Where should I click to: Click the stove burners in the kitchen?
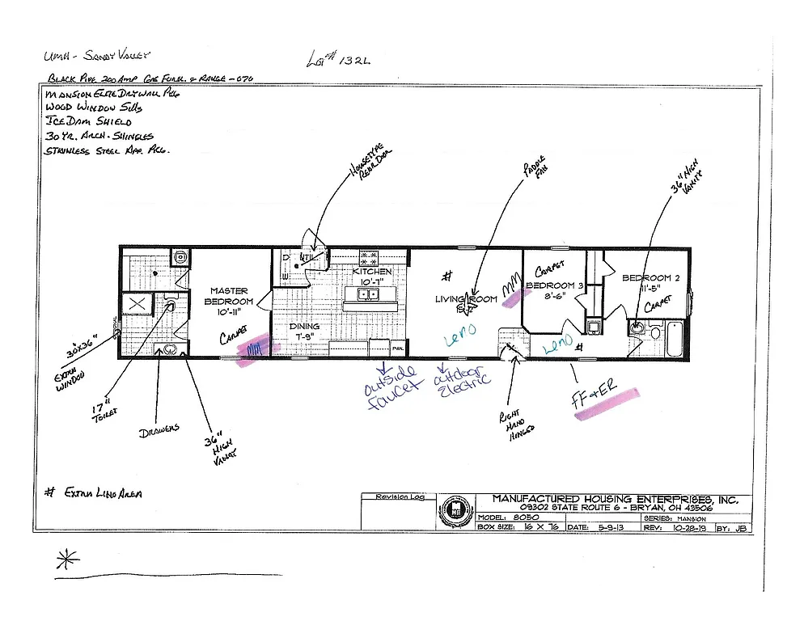370,258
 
